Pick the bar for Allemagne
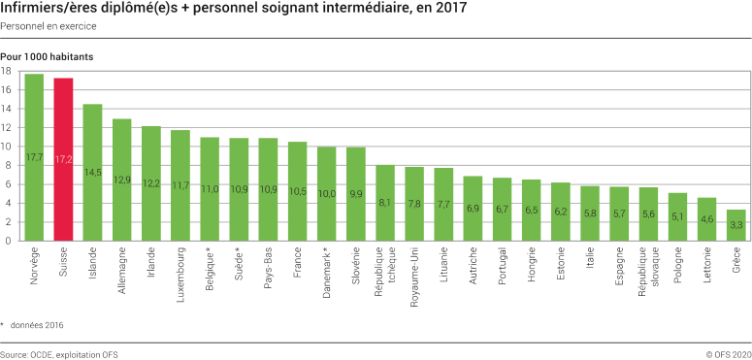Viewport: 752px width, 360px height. [122, 180]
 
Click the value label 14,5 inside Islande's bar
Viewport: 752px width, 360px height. [93, 173]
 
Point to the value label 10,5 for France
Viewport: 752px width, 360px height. [298, 191]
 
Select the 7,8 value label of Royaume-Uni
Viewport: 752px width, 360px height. [415, 204]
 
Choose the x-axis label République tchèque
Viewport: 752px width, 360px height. [385, 272]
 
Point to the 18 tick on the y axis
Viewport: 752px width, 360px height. [7, 71]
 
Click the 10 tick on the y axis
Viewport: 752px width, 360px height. [7, 147]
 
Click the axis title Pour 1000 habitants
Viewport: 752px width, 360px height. [47, 57]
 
